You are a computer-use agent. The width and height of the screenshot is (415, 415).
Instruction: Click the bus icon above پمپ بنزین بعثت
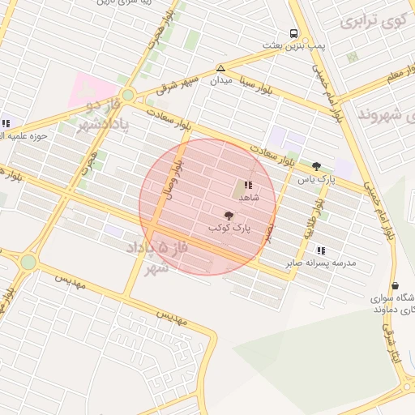[x=293, y=34]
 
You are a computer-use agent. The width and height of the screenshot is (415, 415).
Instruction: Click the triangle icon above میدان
[x=221, y=68]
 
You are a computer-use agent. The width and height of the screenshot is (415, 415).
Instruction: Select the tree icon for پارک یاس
[x=316, y=166]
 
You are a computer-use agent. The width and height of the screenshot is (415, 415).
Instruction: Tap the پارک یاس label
[x=316, y=178]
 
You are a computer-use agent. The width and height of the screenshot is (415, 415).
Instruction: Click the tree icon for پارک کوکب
[x=229, y=216]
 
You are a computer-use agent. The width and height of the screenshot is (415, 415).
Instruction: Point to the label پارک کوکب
[x=229, y=229]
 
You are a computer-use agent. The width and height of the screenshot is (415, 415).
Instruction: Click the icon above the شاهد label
[x=247, y=185]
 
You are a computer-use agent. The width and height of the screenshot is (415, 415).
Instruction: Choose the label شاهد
[x=247, y=197]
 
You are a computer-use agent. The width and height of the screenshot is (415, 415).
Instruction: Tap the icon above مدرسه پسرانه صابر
[x=321, y=251]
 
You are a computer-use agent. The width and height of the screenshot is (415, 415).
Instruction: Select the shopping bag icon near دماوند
[x=395, y=285]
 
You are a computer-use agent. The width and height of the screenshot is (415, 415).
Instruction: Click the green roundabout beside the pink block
[x=126, y=95]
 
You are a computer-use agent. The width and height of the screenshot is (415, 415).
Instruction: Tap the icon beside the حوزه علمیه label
[x=6, y=123]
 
